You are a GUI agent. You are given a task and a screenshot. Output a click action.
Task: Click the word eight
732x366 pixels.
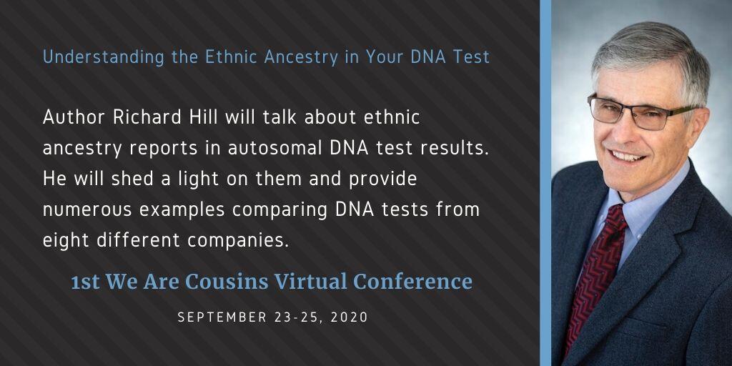pyautogui.click(x=66, y=241)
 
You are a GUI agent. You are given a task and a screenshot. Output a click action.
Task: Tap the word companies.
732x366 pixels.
pyautogui.click(x=238, y=241)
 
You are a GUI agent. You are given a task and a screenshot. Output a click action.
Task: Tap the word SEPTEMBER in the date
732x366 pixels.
pyautogui.click(x=216, y=317)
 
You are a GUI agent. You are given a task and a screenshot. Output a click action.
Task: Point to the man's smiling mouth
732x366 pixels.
pyautogui.click(x=627, y=155)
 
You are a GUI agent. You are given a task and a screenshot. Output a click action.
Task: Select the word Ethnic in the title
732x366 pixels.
pyautogui.click(x=232, y=57)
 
